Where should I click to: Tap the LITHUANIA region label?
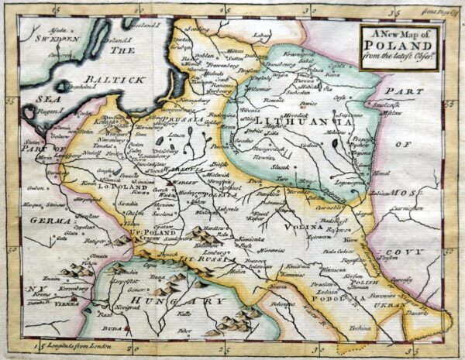tap(305, 122)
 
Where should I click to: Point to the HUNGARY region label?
tap(191, 302)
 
